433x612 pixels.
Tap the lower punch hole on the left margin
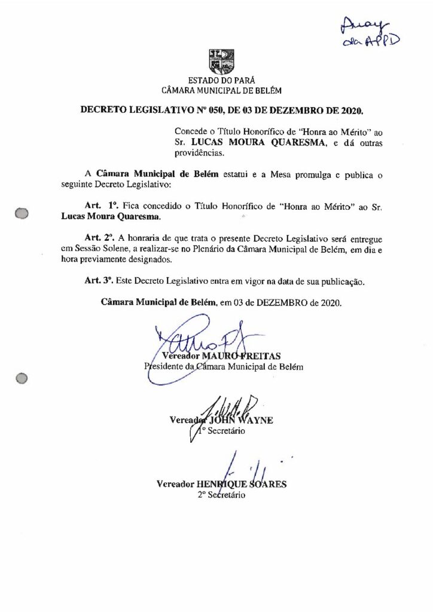[22, 378]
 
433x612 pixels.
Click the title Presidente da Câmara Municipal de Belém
[223, 366]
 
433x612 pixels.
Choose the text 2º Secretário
[221, 495]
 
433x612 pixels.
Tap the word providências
[197, 154]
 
